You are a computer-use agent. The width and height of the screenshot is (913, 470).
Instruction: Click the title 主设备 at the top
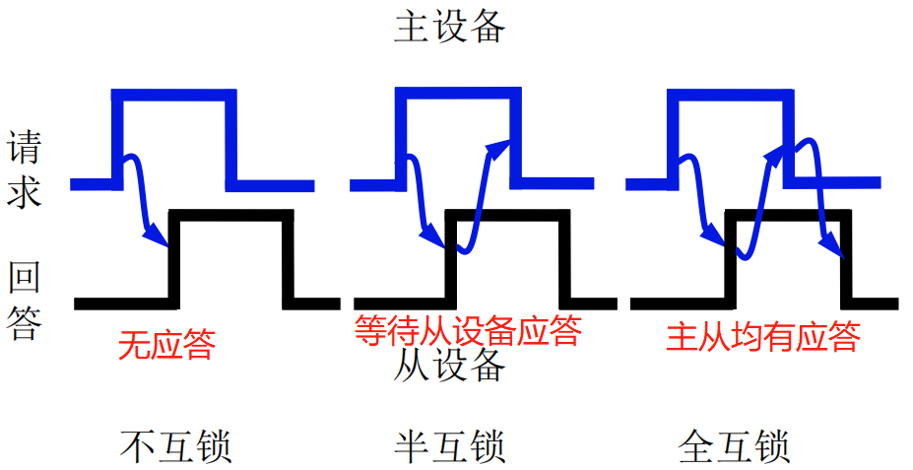pos(449,27)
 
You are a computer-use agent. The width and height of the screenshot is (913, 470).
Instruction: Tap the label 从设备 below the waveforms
pos(449,367)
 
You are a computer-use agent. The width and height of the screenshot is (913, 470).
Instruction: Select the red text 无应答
pos(165,345)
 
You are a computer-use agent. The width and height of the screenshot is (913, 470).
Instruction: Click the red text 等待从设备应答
pos(468,331)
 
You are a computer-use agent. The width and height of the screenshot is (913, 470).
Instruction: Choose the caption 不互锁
pos(176,447)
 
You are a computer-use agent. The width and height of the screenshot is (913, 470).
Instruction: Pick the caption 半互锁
pos(449,447)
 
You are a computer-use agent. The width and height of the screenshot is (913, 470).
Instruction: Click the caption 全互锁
pos(735,447)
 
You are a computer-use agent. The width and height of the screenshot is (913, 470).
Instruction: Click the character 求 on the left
pos(25,192)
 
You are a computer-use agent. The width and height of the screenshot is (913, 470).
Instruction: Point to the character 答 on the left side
pos(25,322)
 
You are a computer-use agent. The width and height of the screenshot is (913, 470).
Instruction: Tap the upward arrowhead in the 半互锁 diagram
pos(500,146)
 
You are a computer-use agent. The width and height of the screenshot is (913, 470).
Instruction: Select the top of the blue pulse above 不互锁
pos(175,94)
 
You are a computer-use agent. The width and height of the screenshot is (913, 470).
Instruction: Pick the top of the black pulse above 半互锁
pos(507,216)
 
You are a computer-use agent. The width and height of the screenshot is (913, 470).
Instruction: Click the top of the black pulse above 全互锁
pos(788,215)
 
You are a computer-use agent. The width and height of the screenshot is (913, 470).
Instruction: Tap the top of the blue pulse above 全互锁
pos(730,94)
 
